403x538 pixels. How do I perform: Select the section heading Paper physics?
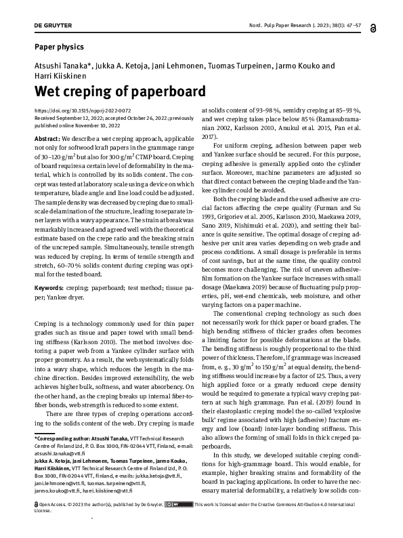pos(60,47)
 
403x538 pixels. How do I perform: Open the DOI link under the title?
pos(83,110)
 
